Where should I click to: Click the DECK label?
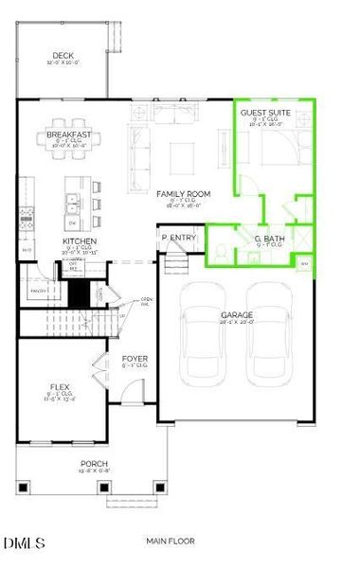pos(63,56)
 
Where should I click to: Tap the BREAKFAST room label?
pos(68,135)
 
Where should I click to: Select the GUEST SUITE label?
pos(260,112)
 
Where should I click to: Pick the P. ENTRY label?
pos(177,238)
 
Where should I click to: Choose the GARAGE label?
pos(237,314)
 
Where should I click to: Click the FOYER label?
pos(135,359)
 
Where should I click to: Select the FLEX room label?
pos(60,387)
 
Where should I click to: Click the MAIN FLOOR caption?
pos(171,541)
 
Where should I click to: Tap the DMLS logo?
pos(25,542)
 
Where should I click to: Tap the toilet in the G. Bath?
pos(219,251)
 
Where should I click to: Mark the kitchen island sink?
pos(71,200)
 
